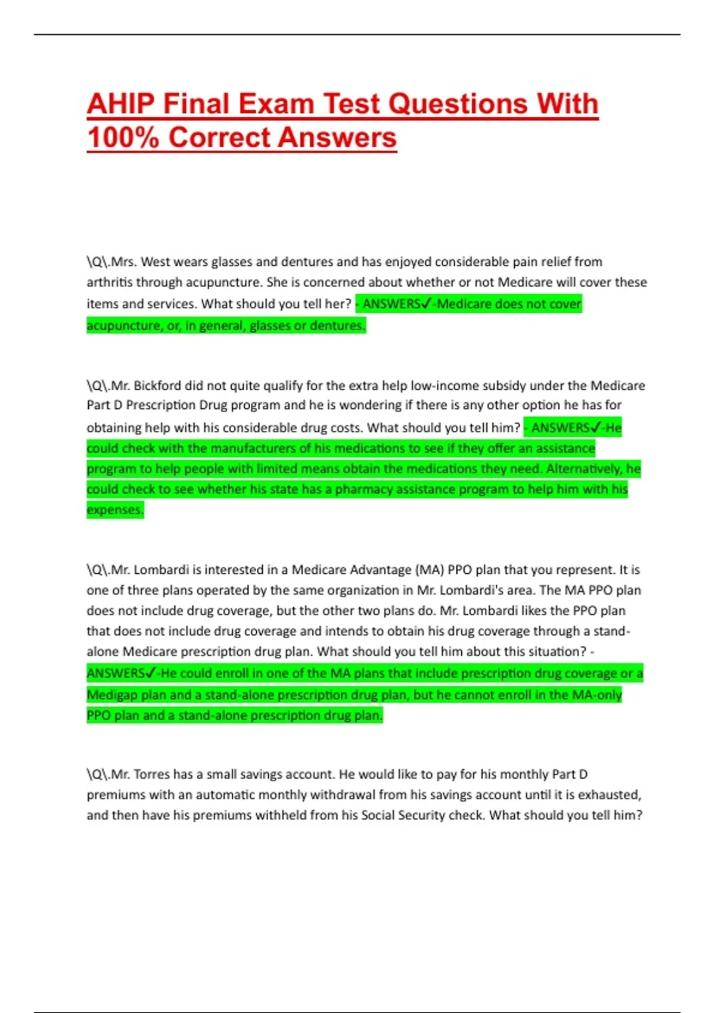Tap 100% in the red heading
pos(123,138)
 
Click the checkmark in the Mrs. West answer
pos(425,304)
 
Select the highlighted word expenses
pos(115,510)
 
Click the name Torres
pos(151,774)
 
